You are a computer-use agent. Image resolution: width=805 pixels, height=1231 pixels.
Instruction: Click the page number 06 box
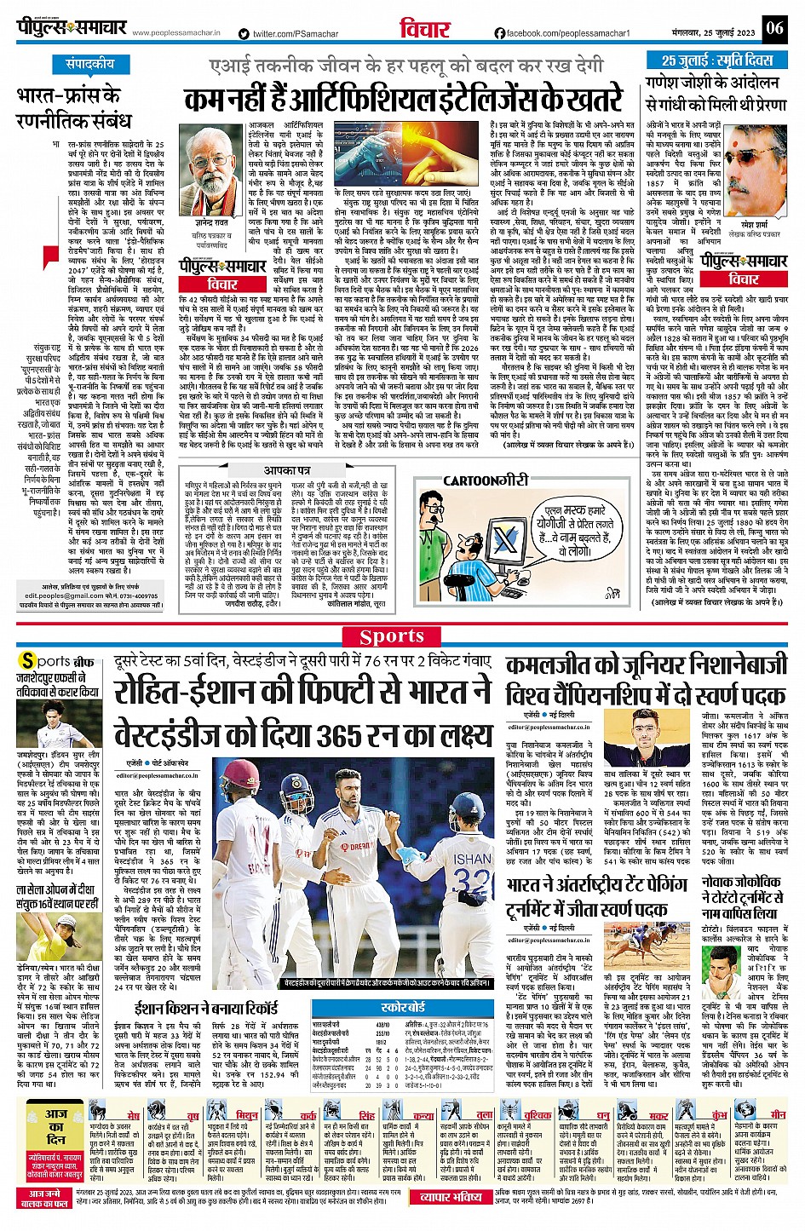click(x=773, y=28)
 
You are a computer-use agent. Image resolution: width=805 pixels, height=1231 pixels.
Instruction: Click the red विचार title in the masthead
click(x=425, y=29)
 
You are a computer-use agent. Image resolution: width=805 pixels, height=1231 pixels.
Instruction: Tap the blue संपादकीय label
click(x=90, y=64)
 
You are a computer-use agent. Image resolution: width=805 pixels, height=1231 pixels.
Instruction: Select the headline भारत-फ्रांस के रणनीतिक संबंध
click(x=73, y=107)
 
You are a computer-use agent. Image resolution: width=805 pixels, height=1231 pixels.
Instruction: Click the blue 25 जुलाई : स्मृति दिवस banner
click(x=717, y=60)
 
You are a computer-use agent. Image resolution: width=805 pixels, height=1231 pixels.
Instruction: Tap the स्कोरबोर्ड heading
click(x=403, y=1006)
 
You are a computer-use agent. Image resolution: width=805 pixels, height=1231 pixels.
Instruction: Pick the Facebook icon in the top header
click(x=500, y=33)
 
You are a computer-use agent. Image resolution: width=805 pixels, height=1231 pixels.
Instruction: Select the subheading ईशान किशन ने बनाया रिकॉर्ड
click(x=206, y=1009)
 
